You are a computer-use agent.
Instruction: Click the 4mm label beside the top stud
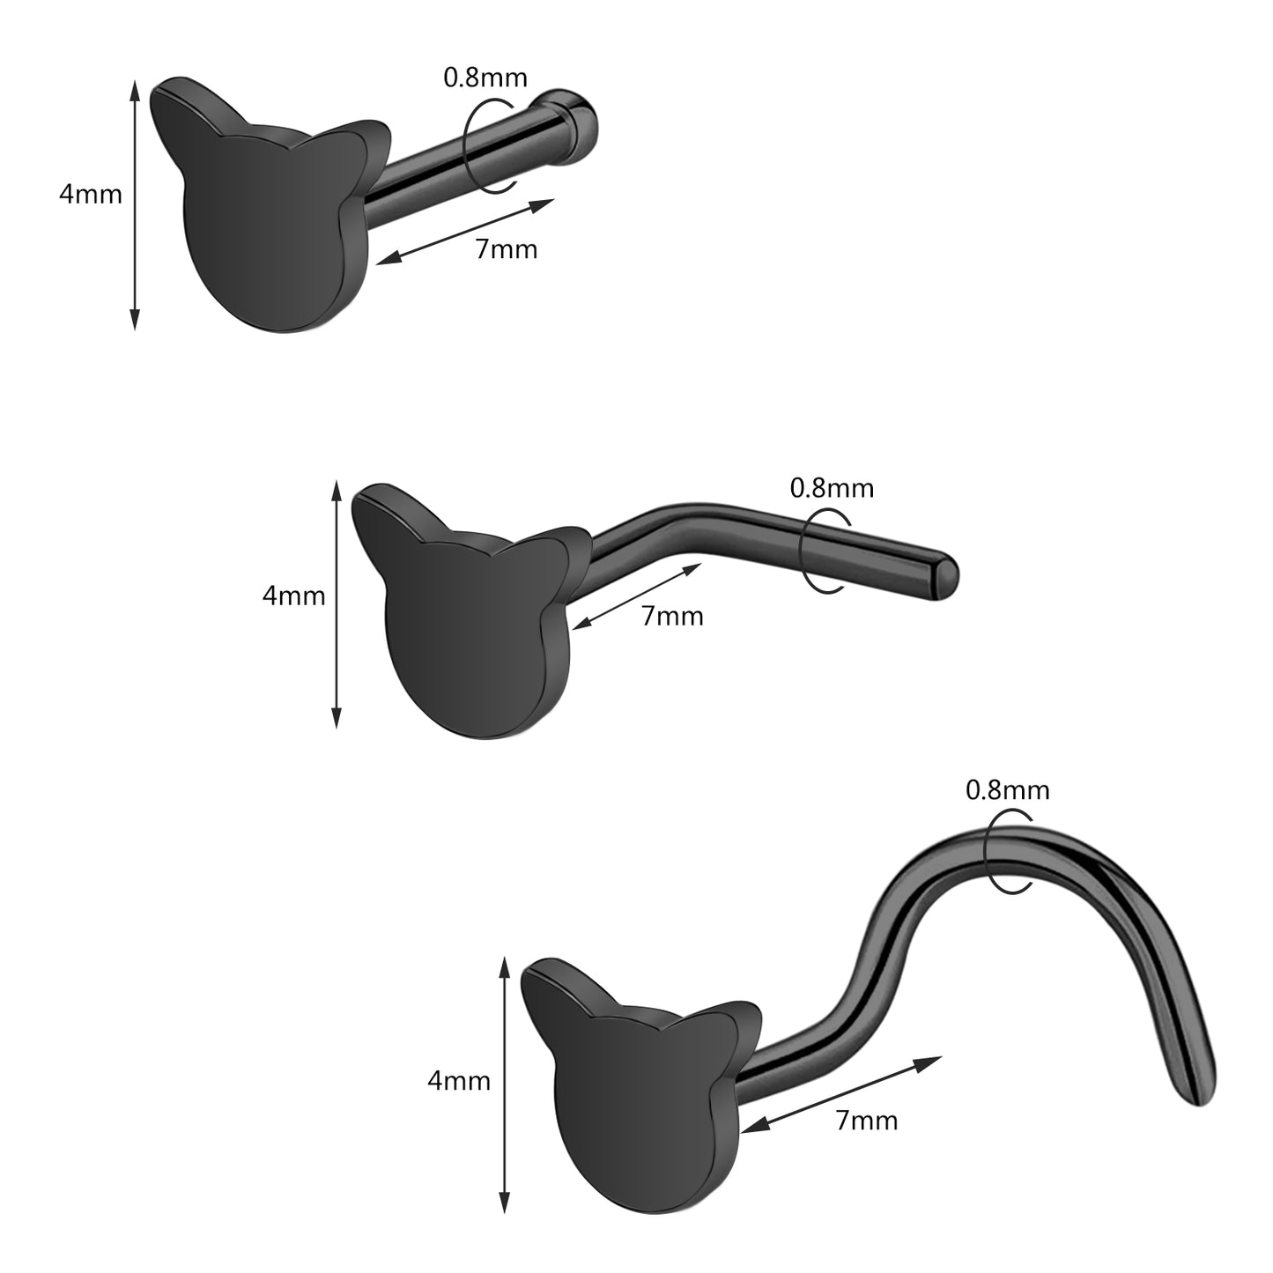[91, 195]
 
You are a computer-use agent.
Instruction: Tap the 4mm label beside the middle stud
[294, 596]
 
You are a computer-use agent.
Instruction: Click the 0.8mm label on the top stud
[485, 78]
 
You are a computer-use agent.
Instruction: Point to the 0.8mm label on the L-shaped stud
[833, 488]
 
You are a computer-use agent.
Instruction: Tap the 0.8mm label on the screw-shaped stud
[1008, 790]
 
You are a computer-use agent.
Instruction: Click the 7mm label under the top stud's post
[507, 249]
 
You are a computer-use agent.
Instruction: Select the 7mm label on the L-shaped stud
[672, 617]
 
